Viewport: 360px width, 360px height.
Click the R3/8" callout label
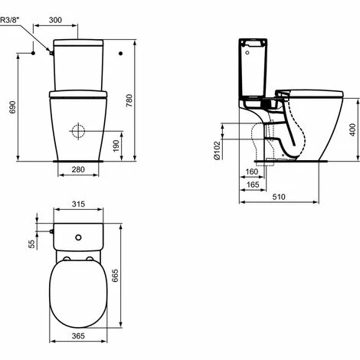(x=10, y=20)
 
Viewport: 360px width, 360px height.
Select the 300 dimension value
(x=55, y=20)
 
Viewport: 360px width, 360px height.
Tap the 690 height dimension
(x=12, y=107)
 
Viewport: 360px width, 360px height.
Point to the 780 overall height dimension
(x=129, y=100)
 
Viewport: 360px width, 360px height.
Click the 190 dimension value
(x=116, y=146)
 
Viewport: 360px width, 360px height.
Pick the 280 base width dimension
(x=78, y=169)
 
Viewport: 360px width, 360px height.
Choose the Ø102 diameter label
(x=217, y=150)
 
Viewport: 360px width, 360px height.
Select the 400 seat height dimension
(x=352, y=129)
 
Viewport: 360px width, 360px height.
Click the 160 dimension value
(x=252, y=172)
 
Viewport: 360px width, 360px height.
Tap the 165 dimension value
(x=253, y=185)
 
